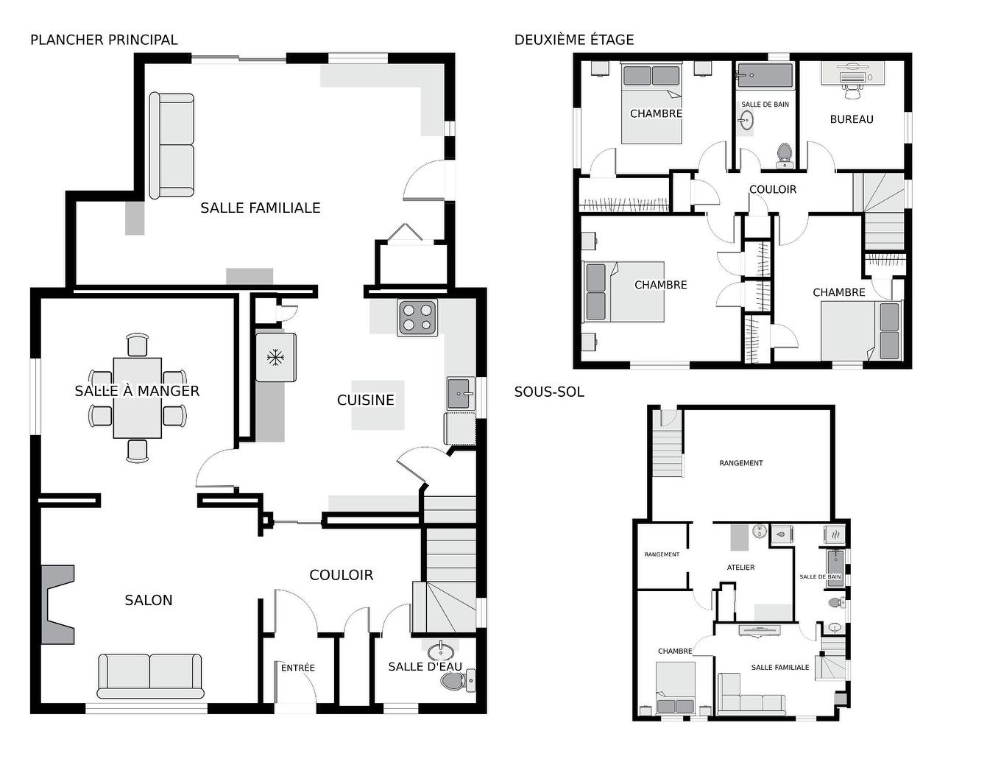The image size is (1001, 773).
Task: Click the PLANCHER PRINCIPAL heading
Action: pyautogui.click(x=104, y=40)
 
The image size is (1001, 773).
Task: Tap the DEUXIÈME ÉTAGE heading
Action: pyautogui.click(x=574, y=40)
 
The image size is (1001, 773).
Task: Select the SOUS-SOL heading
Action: pyautogui.click(x=549, y=392)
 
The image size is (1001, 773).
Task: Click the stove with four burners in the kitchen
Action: pyautogui.click(x=417, y=317)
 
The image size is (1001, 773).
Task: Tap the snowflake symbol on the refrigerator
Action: pyautogui.click(x=275, y=358)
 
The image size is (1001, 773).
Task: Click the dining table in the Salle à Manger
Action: pyautogui.click(x=138, y=398)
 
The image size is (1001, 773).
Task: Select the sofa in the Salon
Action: pyautogui.click(x=150, y=675)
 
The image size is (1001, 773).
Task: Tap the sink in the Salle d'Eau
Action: pyautogui.click(x=441, y=651)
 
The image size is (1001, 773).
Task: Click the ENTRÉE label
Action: pyautogui.click(x=298, y=668)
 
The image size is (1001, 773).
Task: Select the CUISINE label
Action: pyautogui.click(x=366, y=400)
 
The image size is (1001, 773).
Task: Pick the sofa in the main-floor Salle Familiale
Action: pyautogui.click(x=172, y=145)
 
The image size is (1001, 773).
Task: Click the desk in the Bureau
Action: pyautogui.click(x=852, y=74)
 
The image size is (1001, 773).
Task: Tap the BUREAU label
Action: pyautogui.click(x=852, y=119)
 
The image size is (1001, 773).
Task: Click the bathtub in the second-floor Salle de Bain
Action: pyautogui.click(x=765, y=75)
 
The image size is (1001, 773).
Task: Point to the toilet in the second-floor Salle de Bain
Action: pyautogui.click(x=785, y=154)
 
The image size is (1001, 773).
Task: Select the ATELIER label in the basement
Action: pyautogui.click(x=740, y=568)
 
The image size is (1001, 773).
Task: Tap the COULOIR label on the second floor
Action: pyautogui.click(x=773, y=189)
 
